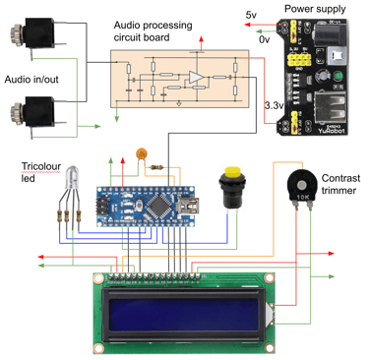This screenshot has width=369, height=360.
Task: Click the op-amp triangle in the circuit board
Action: point(197,77)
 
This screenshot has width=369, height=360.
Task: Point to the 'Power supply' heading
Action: point(315,8)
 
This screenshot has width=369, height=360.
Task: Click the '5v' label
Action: point(251,16)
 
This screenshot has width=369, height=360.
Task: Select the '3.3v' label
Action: point(276,104)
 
